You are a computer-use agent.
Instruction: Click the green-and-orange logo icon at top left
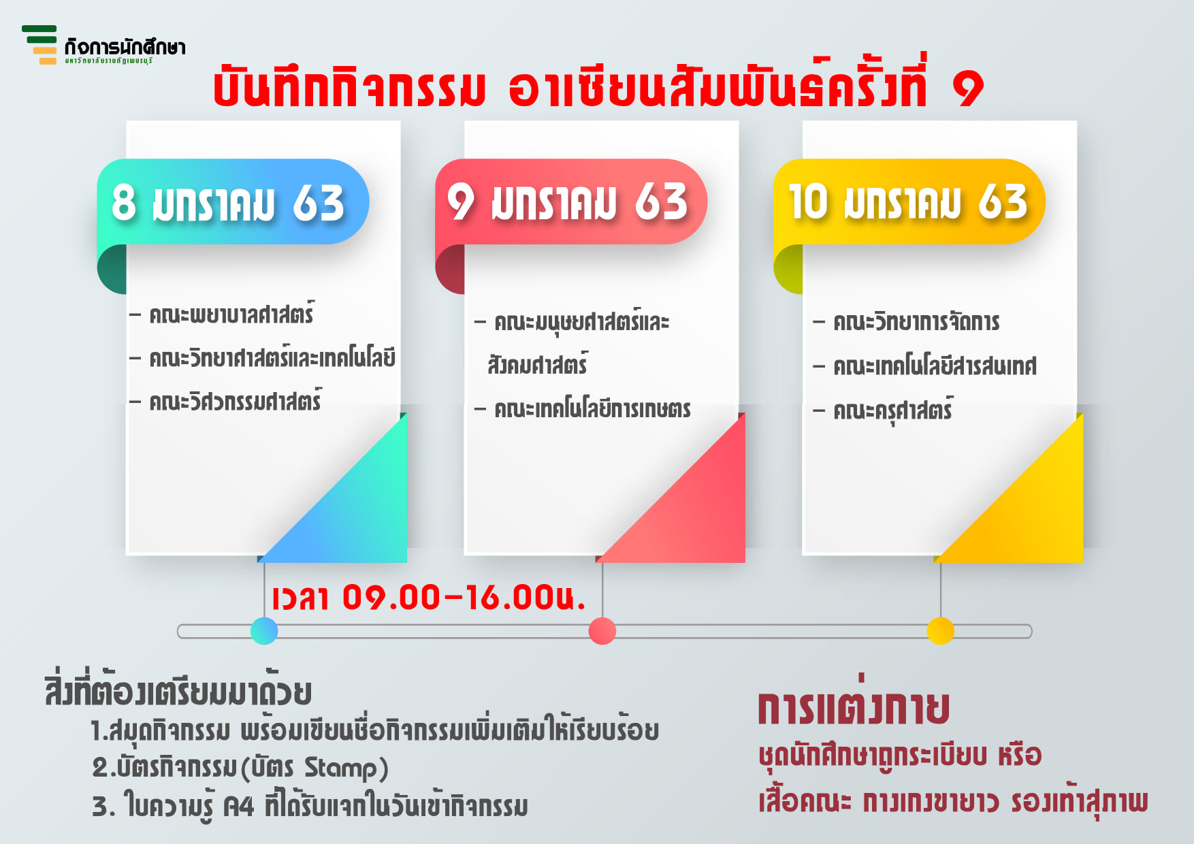[x=39, y=45]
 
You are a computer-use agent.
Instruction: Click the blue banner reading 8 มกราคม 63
[x=233, y=201]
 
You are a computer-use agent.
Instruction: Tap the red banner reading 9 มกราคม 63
[x=571, y=201]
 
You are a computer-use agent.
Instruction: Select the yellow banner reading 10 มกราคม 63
[x=909, y=201]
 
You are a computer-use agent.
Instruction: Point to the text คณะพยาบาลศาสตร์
[x=231, y=314]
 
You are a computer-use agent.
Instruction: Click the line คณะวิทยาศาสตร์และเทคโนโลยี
[x=272, y=357]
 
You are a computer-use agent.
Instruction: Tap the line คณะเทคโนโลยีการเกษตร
[x=592, y=409]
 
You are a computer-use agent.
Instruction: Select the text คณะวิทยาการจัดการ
[x=916, y=321]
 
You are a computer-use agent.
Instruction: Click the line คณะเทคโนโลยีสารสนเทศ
[x=935, y=366]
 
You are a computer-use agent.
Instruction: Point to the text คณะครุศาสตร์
[x=893, y=410]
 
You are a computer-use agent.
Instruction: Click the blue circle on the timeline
[x=264, y=631]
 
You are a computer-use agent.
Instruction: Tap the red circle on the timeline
[x=602, y=631]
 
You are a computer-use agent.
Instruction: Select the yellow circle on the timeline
[x=940, y=631]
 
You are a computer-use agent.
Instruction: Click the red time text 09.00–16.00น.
[x=464, y=598]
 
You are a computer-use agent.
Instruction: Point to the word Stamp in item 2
[x=340, y=768]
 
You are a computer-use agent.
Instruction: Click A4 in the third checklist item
[x=238, y=807]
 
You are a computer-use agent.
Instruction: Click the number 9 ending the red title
[x=967, y=89]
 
